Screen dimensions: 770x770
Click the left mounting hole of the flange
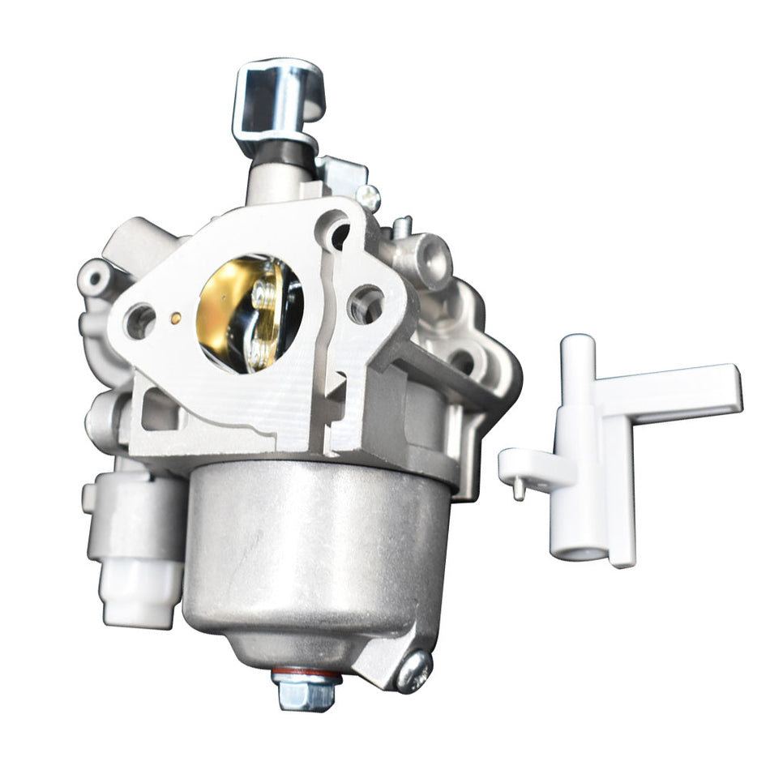139,321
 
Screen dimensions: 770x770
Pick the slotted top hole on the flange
336,232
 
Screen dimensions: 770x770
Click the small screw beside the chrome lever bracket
367,194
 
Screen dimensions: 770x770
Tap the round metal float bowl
304,551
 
